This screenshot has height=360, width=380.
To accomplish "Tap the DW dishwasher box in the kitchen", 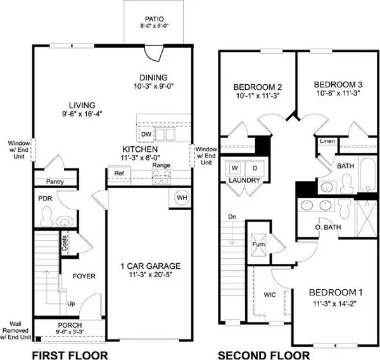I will click(146, 134).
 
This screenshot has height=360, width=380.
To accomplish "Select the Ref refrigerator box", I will click(118, 173).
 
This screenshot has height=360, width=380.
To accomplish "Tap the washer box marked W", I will click(234, 168).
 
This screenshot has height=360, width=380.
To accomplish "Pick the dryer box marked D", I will click(253, 168).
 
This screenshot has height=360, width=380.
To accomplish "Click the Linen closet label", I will click(327, 141).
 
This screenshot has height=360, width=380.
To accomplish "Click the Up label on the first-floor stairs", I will click(72, 304).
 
